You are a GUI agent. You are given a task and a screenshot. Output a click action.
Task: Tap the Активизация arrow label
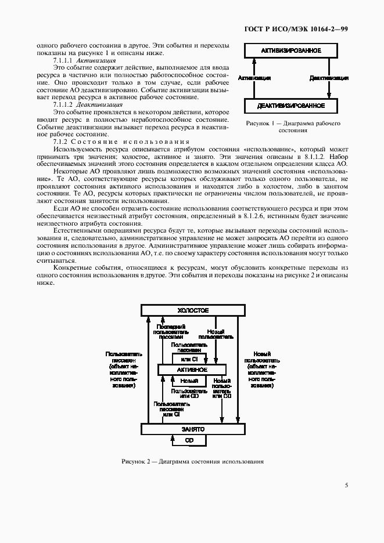point(253,77)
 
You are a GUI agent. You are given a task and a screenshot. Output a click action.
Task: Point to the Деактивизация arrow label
point(329,77)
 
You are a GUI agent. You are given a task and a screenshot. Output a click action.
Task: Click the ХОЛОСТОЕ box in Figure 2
point(192,310)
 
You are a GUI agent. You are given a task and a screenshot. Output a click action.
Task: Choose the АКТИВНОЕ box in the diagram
point(192,370)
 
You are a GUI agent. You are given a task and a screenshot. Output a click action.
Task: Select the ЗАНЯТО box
point(192,429)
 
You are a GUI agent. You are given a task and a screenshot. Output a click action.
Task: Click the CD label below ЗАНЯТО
point(189,441)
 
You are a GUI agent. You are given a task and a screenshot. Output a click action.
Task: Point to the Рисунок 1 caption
point(293,127)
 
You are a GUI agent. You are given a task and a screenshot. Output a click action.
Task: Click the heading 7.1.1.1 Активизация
point(84,60)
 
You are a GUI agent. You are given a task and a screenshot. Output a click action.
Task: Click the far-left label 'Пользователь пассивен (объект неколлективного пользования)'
point(122,369)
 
